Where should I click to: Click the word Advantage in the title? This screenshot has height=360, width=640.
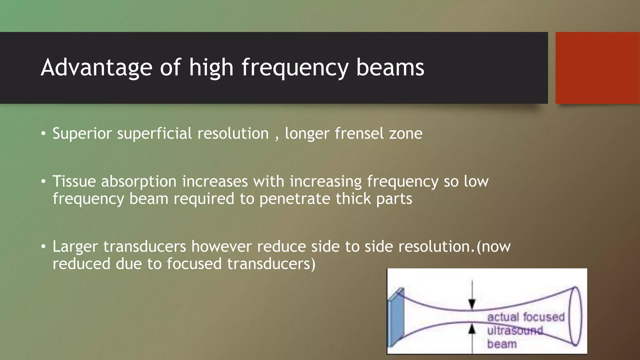click(x=97, y=67)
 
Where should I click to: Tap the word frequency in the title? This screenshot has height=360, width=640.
click(x=295, y=67)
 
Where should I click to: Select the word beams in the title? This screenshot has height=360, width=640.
click(x=390, y=67)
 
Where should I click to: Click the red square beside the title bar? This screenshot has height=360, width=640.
click(x=597, y=68)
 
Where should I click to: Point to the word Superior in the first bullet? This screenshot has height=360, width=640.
click(x=82, y=134)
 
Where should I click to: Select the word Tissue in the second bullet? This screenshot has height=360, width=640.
click(x=74, y=182)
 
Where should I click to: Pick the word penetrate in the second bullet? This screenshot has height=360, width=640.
click(x=295, y=199)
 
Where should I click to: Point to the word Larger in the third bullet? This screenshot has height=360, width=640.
click(x=75, y=247)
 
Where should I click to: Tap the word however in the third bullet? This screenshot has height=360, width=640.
click(x=221, y=247)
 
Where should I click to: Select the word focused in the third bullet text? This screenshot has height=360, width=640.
click(x=194, y=264)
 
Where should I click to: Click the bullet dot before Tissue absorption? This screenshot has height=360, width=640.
click(x=43, y=182)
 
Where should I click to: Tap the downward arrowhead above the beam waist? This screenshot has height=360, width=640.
click(x=472, y=303)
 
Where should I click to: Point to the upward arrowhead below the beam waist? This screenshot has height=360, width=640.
click(x=472, y=329)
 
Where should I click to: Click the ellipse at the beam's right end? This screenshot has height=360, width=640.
click(x=575, y=316)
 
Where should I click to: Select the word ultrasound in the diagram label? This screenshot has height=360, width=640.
click(x=515, y=331)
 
